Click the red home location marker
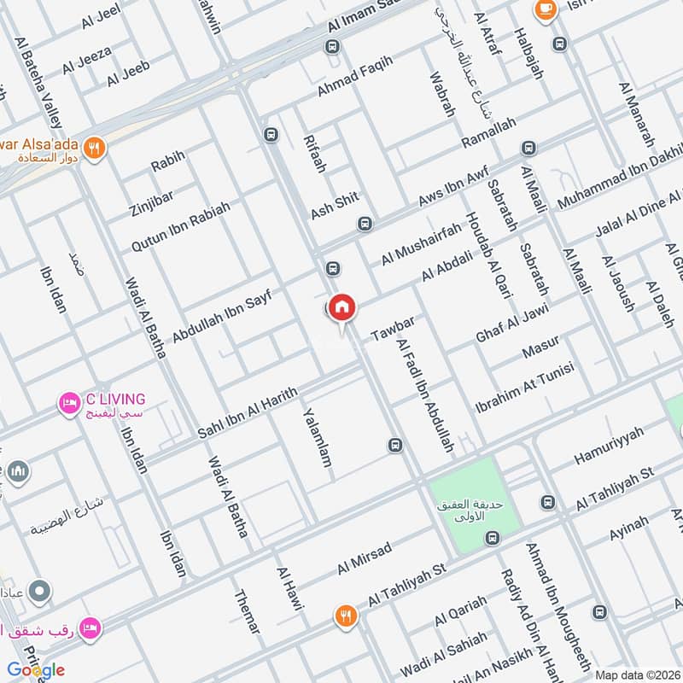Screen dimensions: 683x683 coord(341,307)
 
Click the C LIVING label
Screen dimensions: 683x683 coord(114,399)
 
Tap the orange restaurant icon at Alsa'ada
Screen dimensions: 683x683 coord(96,146)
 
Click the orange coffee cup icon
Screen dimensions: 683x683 coord(543,9)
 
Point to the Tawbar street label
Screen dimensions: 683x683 coord(393,330)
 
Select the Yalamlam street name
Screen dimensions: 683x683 coord(316,437)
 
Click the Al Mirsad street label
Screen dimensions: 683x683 coord(364,557)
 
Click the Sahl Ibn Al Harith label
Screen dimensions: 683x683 coord(248,412)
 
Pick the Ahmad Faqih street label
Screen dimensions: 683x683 coord(355,76)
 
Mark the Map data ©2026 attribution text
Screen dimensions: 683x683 coord(636,674)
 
